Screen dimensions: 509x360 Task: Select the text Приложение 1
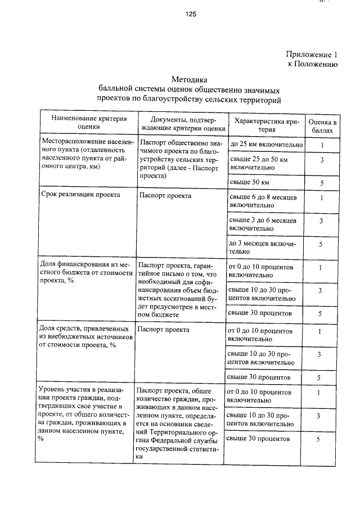click(x=311, y=55)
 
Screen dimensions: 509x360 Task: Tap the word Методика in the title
click(x=189, y=80)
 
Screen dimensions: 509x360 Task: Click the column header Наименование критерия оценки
click(x=89, y=123)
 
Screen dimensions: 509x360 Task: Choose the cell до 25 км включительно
click(x=267, y=145)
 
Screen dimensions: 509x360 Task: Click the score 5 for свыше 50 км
click(x=322, y=183)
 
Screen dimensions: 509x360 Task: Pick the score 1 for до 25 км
click(x=322, y=145)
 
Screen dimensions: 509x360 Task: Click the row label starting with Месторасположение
click(x=86, y=155)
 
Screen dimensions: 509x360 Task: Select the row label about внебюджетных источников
click(x=86, y=337)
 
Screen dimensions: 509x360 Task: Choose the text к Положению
click(x=312, y=65)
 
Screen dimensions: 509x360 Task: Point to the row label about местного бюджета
click(x=86, y=273)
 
